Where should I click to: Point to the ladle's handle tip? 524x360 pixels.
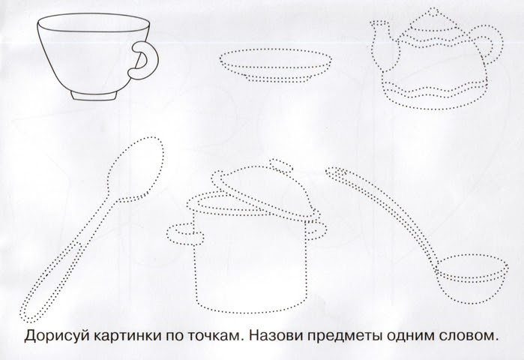pos(334,172)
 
